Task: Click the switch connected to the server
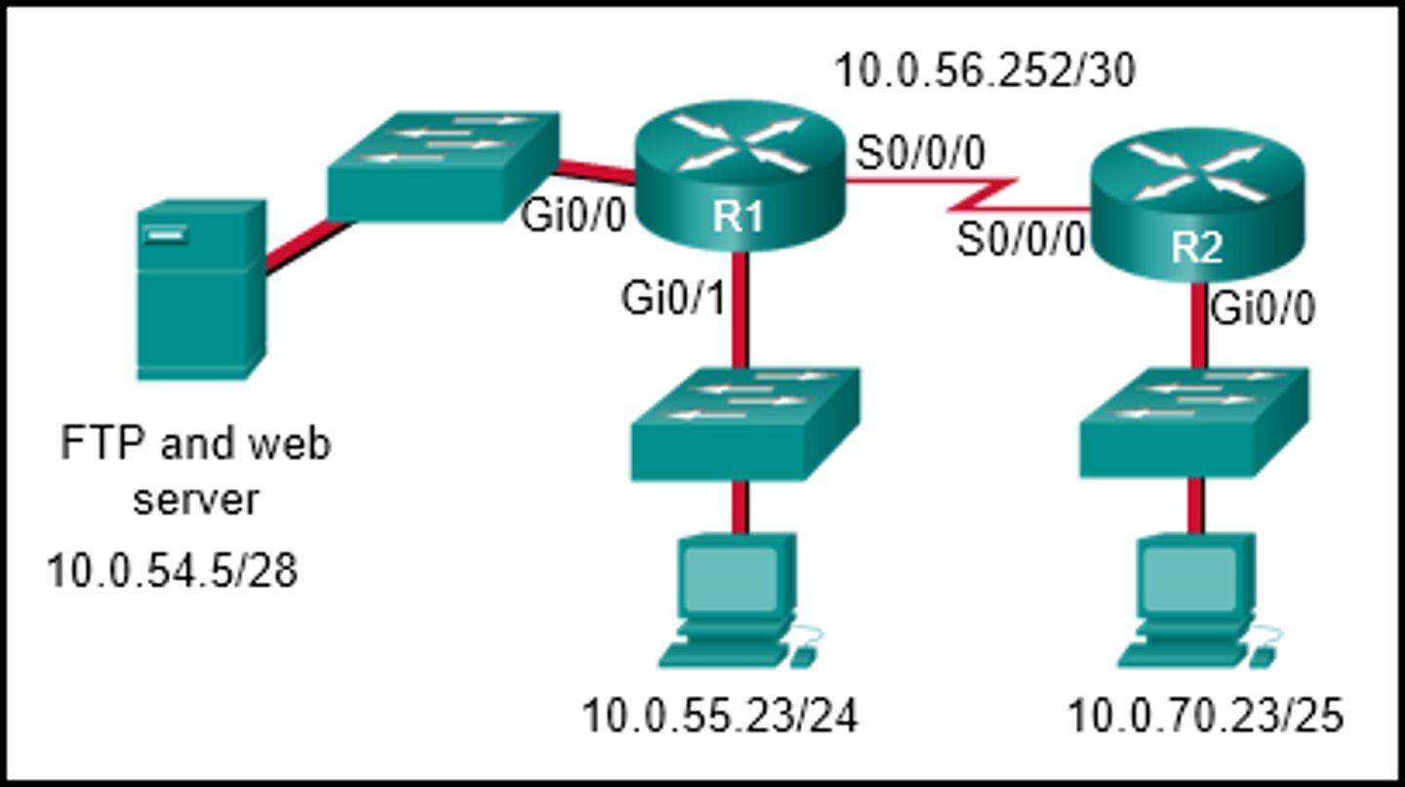pos(443,165)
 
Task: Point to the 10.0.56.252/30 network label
pos(984,70)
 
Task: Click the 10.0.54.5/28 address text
pos(172,571)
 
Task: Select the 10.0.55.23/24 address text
pos(720,718)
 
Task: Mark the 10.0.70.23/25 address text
pos(1205,718)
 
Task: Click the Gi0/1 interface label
pos(674,301)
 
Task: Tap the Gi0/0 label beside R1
pos(573,217)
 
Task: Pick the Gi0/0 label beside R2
pos(1262,310)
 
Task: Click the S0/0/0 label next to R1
pos(920,152)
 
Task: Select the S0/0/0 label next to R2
pos(1020,240)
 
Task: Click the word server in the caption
pos(196,500)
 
